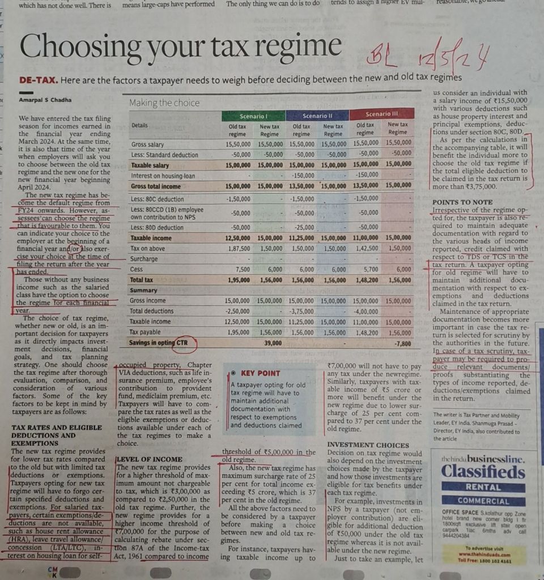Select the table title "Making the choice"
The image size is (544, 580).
[x=164, y=103]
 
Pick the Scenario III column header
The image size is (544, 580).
[x=381, y=114]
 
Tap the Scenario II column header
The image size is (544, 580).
[x=317, y=115]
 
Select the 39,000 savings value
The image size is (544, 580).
[x=273, y=343]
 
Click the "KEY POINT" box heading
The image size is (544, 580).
[x=260, y=373]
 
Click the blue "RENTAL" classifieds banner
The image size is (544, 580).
[x=483, y=487]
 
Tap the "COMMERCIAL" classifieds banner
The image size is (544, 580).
[x=483, y=501]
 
